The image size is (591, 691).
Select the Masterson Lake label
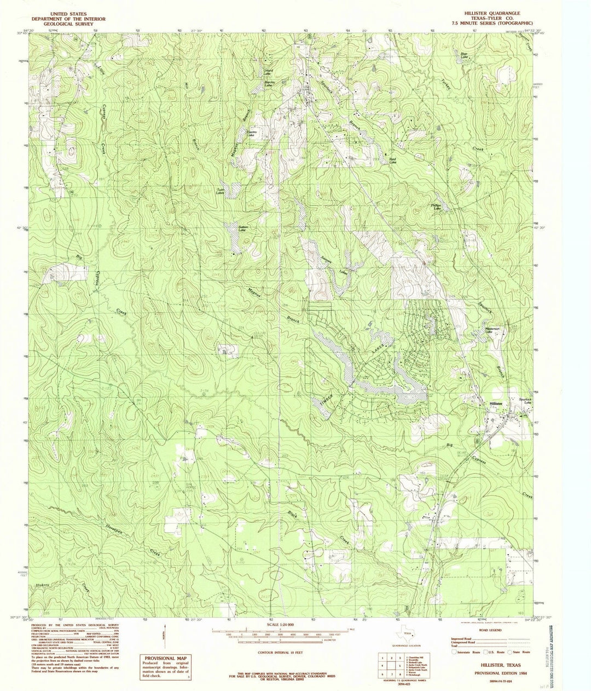[x=492, y=330]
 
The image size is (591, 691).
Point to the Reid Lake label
[x=392, y=161]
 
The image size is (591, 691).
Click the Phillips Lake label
[x=437, y=207]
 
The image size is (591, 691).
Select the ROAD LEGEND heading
[x=490, y=631]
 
